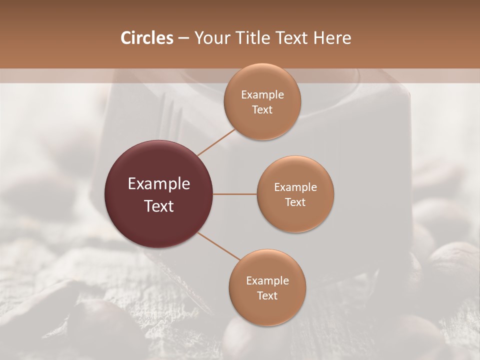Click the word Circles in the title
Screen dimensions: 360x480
(x=146, y=38)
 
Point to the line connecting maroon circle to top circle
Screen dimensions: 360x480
(x=216, y=141)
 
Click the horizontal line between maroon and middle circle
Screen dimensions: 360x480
(x=235, y=194)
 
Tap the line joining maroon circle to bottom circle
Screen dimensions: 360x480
(x=218, y=246)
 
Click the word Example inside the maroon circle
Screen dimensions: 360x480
(x=159, y=184)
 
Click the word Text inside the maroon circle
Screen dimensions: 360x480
(x=159, y=206)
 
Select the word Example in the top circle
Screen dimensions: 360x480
(x=262, y=94)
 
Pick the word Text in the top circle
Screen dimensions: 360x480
(x=262, y=109)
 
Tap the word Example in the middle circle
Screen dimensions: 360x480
(x=295, y=187)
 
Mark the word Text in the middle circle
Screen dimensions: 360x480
(x=295, y=202)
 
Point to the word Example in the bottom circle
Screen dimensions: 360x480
(x=267, y=280)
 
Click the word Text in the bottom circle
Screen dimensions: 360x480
(x=267, y=295)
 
